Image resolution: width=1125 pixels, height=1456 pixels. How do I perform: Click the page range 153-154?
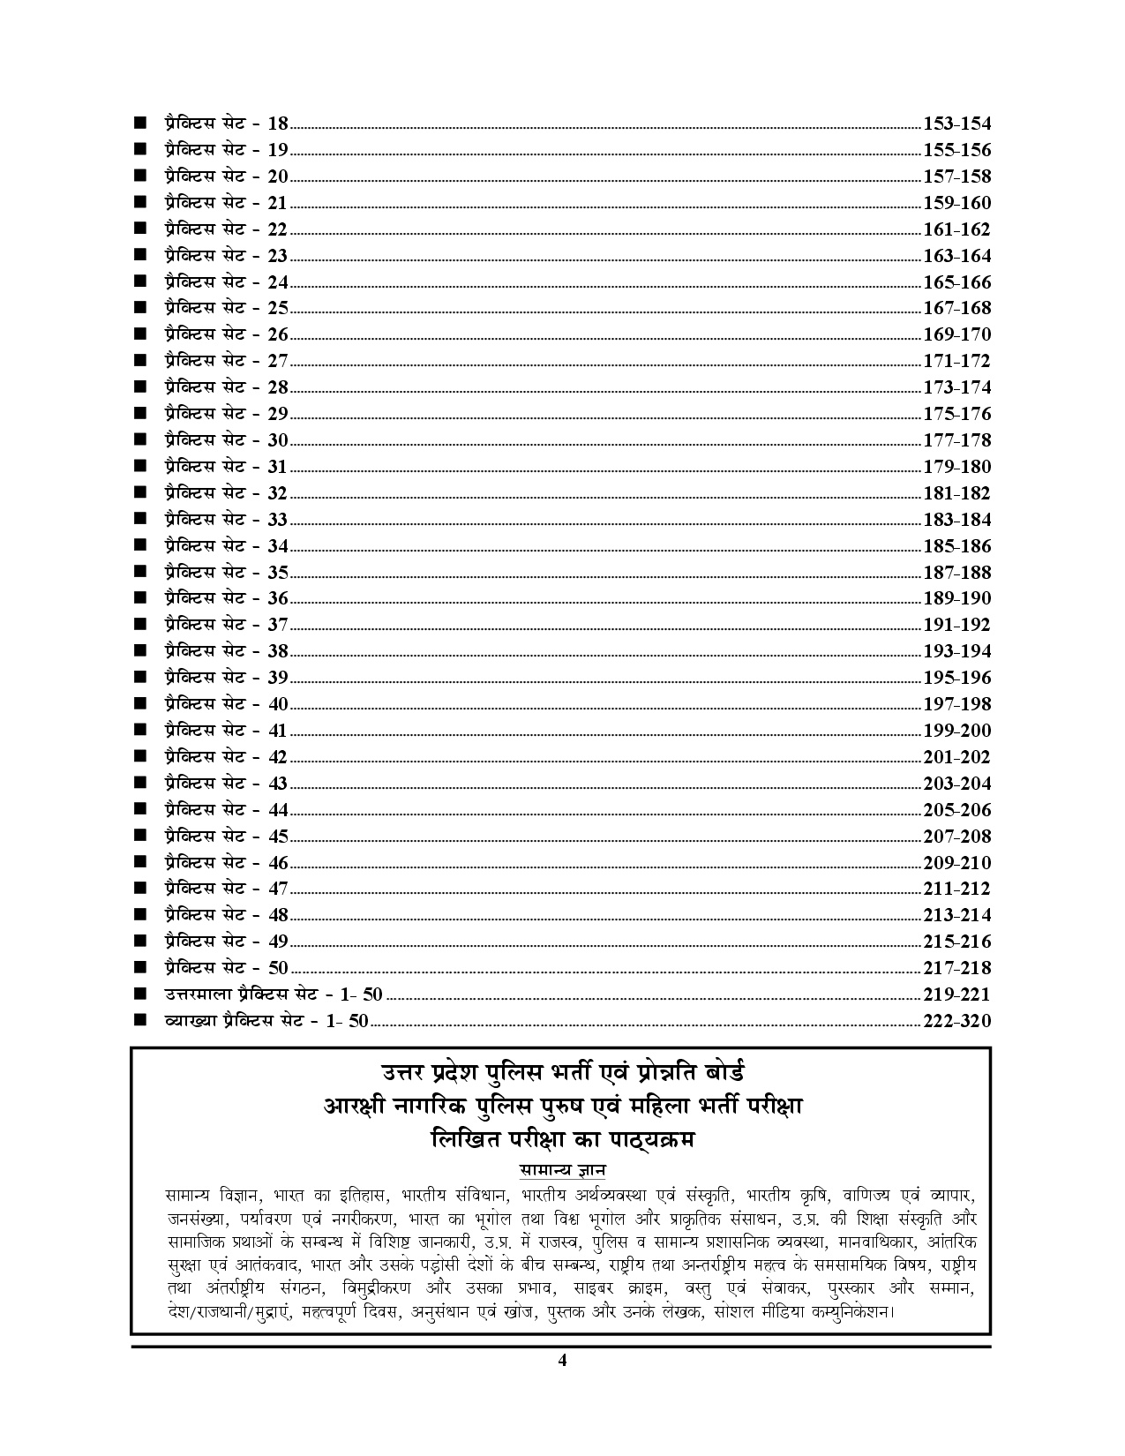956,124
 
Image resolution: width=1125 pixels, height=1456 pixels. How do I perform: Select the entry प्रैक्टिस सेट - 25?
226,308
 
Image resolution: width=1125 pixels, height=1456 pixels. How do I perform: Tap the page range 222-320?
956,1021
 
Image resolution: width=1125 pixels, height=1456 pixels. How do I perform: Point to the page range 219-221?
956,994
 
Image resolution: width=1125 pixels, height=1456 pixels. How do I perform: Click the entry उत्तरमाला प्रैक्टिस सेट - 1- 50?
274,994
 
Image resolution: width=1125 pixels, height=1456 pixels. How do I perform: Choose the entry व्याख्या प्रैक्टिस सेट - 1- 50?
266,1021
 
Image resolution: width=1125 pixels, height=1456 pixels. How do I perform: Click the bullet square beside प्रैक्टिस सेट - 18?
139,124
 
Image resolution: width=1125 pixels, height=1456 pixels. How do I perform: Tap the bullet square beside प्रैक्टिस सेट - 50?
139,968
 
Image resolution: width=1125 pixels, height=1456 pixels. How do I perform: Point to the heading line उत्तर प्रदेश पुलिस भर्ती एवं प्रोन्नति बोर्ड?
562,1073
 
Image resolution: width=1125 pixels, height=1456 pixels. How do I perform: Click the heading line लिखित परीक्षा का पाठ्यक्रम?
562,1139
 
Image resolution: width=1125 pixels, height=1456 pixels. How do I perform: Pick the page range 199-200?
956,731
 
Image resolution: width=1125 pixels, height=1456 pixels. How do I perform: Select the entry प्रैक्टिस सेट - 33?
226,519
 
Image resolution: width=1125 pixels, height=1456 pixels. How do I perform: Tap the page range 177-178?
956,440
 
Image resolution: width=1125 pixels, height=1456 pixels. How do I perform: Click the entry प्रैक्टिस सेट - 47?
226,889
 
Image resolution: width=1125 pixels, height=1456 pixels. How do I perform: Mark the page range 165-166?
956,282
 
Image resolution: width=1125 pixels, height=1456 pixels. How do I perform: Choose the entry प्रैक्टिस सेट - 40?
226,704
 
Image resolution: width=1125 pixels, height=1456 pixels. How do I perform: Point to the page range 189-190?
956,598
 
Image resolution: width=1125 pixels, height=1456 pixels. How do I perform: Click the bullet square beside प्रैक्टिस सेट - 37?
139,625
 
